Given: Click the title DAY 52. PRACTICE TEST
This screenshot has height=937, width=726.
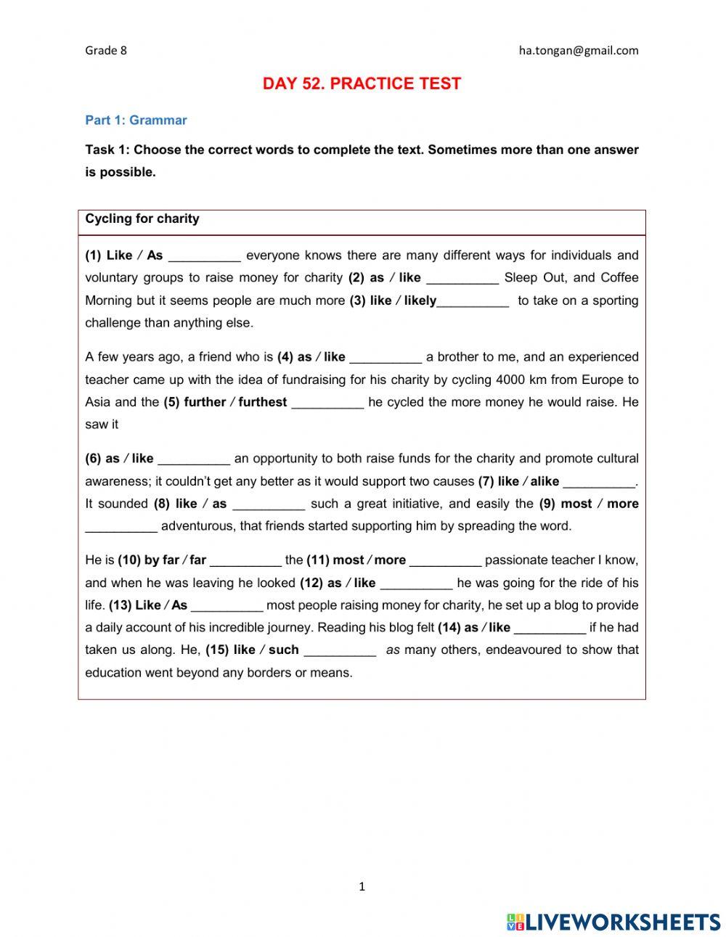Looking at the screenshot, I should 362,83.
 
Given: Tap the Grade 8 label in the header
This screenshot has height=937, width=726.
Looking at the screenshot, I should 106,50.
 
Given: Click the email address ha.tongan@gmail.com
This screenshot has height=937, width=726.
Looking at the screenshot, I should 579,50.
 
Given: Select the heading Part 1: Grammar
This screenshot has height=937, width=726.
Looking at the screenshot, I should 136,120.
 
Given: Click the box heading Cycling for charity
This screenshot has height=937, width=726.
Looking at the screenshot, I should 142,218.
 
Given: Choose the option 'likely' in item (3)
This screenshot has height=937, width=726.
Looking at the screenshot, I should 420,300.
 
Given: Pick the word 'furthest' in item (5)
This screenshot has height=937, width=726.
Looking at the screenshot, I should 263,402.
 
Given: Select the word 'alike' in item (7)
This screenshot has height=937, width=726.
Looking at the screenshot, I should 544,481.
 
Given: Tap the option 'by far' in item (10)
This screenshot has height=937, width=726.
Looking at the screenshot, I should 161,560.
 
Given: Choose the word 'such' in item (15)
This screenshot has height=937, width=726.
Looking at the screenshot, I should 284,650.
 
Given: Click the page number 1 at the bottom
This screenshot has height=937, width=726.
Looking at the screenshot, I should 362,886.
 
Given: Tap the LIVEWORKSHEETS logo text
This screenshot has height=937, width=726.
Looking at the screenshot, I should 622,922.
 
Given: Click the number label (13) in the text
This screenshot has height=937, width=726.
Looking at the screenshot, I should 120,605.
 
